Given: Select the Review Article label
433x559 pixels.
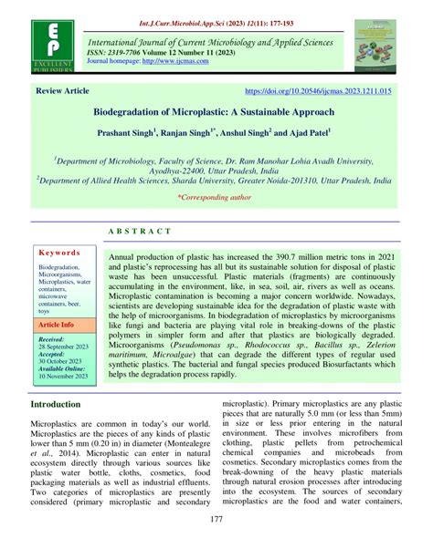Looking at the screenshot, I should [62, 92].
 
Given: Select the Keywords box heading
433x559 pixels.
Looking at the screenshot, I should [62, 251].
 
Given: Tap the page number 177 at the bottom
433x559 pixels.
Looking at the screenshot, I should [216, 545].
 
